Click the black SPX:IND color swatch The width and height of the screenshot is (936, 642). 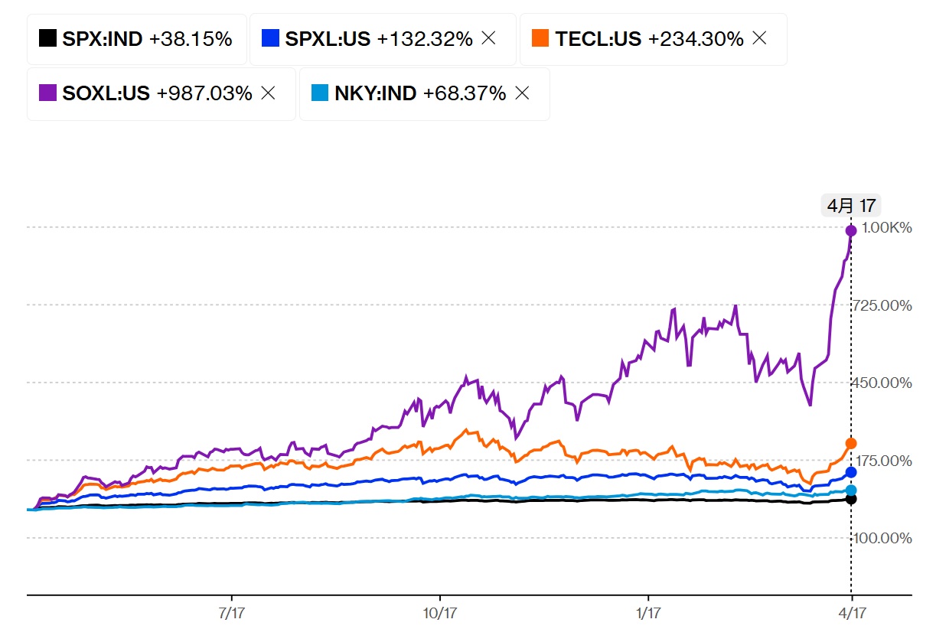[x=47, y=38]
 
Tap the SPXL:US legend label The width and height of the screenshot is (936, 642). [x=328, y=38]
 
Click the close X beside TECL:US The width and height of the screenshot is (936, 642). [x=759, y=38]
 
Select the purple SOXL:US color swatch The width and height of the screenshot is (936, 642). [x=47, y=93]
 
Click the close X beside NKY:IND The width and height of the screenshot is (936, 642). [x=522, y=93]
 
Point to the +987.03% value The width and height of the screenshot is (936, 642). [x=204, y=93]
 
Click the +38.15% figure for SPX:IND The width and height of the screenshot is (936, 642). [x=191, y=38]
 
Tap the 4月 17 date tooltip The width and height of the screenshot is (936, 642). [x=851, y=205]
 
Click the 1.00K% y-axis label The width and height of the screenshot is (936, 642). [x=886, y=227]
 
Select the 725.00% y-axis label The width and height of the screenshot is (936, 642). [x=886, y=305]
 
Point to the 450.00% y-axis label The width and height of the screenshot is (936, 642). [x=886, y=383]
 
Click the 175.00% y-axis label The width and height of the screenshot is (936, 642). [x=886, y=461]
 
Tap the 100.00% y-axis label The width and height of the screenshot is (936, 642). [x=886, y=538]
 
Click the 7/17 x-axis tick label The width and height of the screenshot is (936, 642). [x=231, y=613]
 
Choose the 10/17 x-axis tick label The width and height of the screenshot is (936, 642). [x=439, y=613]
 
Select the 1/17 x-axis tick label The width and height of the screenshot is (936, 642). [x=648, y=613]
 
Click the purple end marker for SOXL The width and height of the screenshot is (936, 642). [x=851, y=230]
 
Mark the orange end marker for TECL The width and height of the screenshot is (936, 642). [x=851, y=443]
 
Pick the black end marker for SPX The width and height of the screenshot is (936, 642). [x=851, y=499]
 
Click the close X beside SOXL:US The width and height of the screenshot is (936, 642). [x=268, y=93]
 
